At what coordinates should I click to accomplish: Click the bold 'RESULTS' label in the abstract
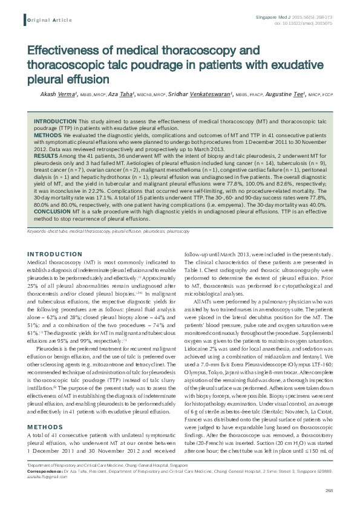(46, 156)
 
